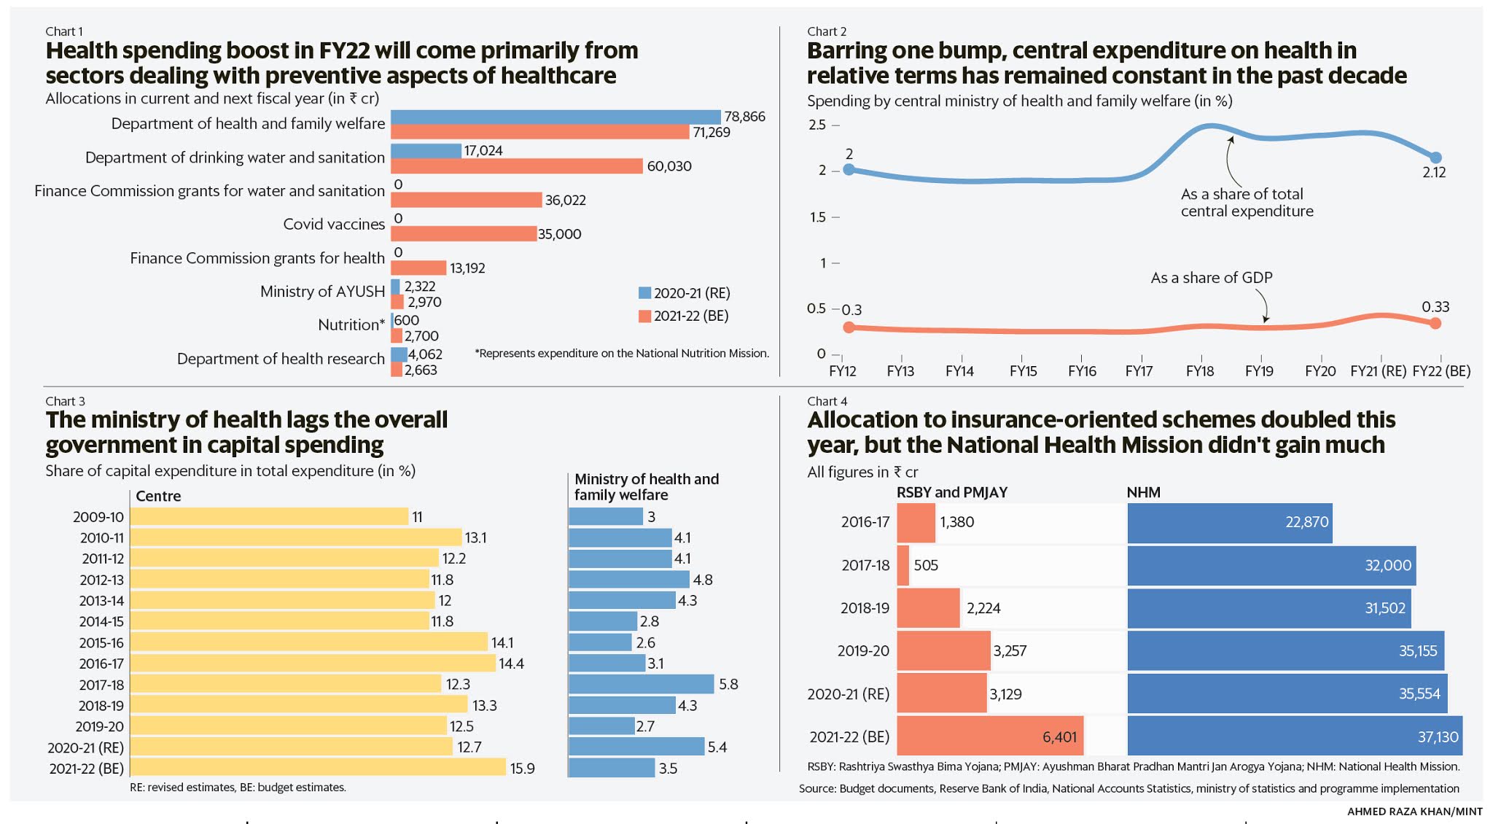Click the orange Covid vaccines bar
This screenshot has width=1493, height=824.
coord(463,233)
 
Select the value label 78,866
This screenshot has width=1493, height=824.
coord(744,117)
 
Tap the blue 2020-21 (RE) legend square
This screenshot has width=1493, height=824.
coord(644,293)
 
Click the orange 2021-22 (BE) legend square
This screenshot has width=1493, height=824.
coord(644,316)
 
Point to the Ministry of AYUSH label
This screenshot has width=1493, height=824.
coord(322,292)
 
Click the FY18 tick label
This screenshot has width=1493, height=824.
coord(1199,371)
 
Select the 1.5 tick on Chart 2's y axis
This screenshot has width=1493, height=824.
coord(817,217)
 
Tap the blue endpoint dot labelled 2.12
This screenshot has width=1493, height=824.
coord(1435,158)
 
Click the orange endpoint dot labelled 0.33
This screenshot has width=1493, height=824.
coord(1435,323)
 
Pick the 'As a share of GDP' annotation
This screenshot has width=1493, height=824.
coord(1211,278)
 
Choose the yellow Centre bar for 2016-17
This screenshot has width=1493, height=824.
coord(313,664)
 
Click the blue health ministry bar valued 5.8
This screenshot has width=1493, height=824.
coord(641,684)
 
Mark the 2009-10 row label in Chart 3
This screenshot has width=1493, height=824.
coord(98,517)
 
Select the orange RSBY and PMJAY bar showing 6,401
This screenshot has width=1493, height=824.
coord(989,736)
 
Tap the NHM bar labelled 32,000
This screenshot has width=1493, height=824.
coord(1271,565)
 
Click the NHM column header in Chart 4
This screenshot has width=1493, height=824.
coord(1143,492)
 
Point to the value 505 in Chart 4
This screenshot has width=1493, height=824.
coord(926,565)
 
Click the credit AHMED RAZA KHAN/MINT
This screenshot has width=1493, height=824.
coord(1414,812)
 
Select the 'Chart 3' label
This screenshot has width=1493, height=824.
coord(65,401)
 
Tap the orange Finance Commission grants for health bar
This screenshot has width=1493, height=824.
coord(418,268)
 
